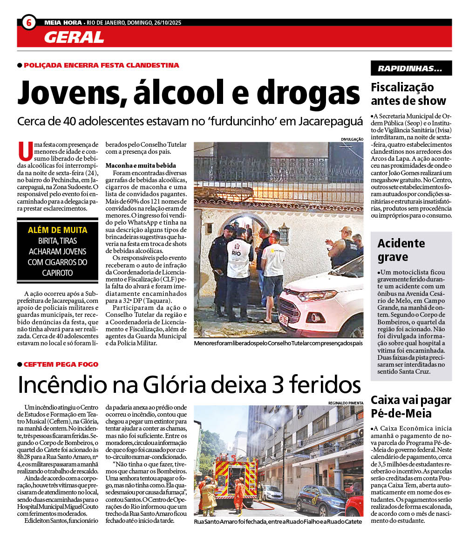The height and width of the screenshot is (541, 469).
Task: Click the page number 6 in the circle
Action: pyautogui.click(x=29, y=22)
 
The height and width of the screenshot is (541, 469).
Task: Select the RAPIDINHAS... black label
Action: pyautogui.click(x=411, y=68)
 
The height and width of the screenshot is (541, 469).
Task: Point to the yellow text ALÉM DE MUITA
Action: pyautogui.click(x=58, y=230)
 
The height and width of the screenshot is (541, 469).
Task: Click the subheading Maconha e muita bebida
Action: pyautogui.click(x=141, y=165)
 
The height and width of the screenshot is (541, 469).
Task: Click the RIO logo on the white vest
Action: pyautogui.click(x=236, y=251)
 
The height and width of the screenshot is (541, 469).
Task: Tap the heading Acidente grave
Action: pyautogui.click(x=401, y=250)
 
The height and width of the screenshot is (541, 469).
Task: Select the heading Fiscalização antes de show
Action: pyautogui.click(x=408, y=94)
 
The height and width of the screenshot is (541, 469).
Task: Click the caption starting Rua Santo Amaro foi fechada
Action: pyautogui.click(x=278, y=521)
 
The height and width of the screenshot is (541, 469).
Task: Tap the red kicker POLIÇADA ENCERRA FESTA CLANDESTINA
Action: pyautogui.click(x=101, y=66)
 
